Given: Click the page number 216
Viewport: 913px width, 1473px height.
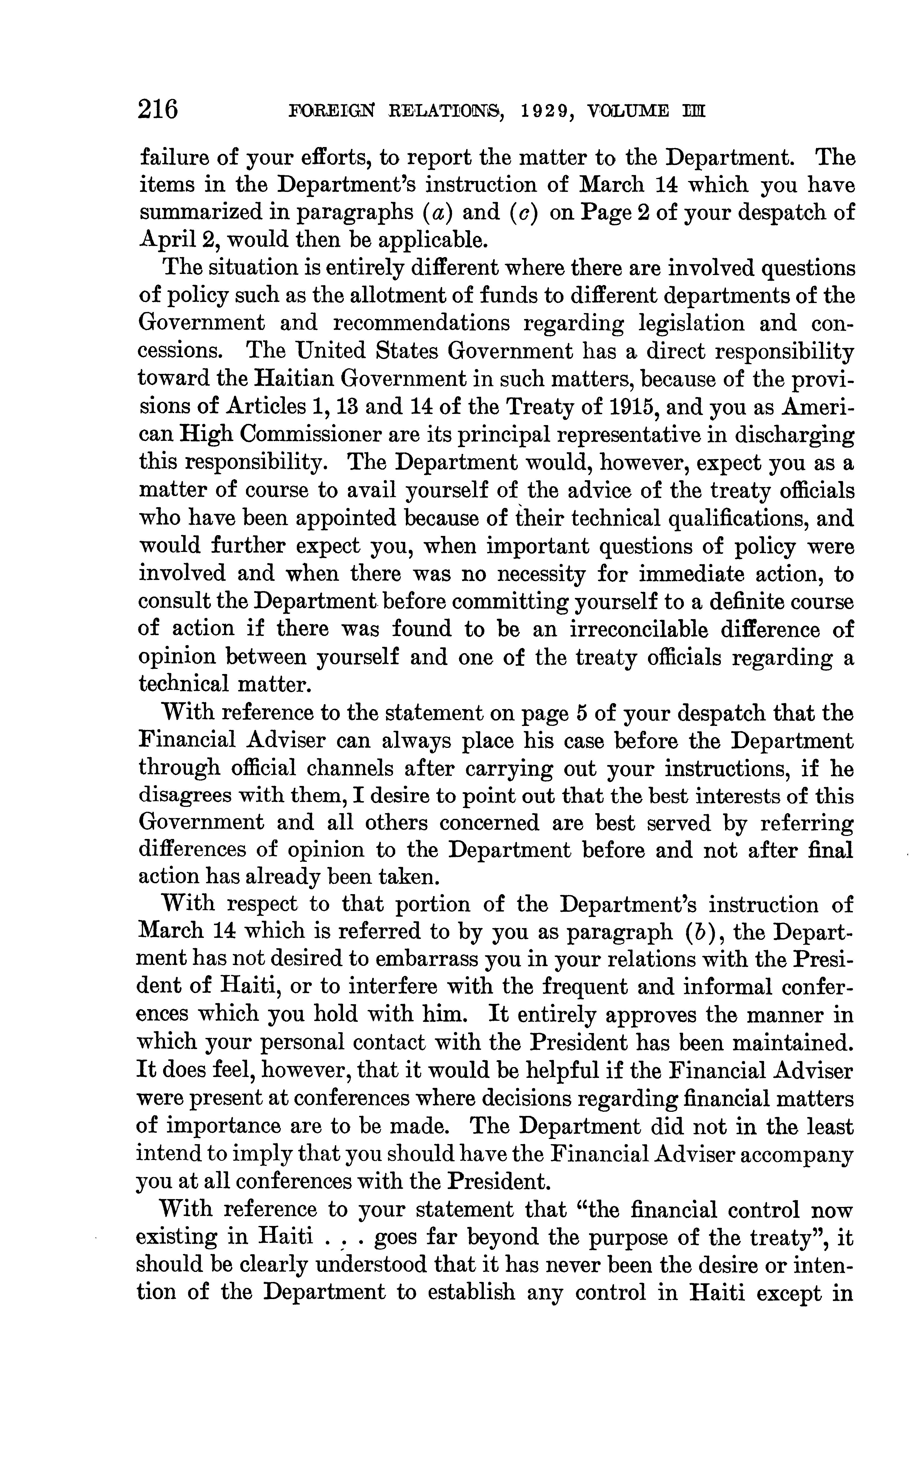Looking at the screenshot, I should (x=158, y=110).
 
